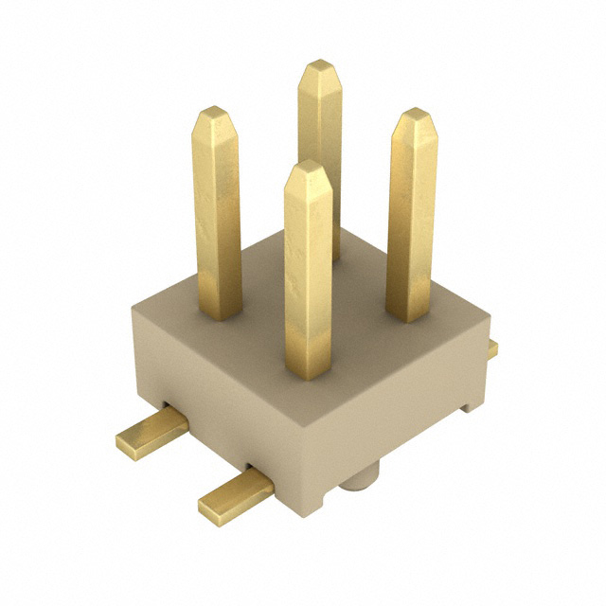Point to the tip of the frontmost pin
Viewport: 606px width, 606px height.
tap(307, 166)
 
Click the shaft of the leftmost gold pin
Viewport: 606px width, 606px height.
tap(217, 218)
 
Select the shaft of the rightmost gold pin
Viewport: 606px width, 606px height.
tap(413, 218)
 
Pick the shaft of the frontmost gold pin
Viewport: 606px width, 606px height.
tap(309, 275)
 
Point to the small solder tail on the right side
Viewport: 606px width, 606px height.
tap(492, 349)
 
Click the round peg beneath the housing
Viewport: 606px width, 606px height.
tap(359, 478)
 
